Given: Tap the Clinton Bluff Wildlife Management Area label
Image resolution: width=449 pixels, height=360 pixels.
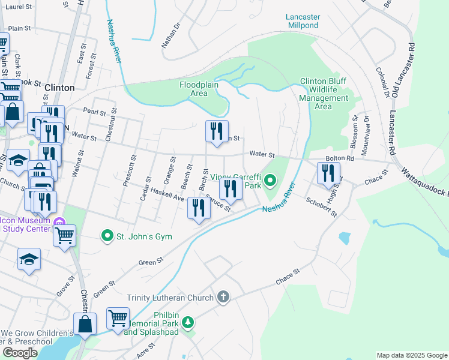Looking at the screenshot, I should pos(323,94).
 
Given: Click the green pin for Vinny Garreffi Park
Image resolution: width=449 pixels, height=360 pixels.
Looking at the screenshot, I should pos(270,179).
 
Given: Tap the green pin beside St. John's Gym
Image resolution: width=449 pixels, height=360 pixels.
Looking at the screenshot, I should pos(107,236).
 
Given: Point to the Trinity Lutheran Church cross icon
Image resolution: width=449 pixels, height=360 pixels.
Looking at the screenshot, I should pos(223,297).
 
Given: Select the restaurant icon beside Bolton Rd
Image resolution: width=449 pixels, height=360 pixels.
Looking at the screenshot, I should pos(328,173).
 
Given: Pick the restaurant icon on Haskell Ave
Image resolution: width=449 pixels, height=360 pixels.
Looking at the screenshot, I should pos(197,208).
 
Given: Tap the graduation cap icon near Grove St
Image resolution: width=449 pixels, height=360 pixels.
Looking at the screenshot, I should pos(29,259).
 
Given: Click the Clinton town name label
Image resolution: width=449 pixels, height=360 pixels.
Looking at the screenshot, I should pos(60,88).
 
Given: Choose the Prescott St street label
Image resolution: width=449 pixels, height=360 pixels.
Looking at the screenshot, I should pos(128,170).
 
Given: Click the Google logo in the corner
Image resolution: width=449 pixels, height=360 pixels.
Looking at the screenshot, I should pos(20,353).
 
